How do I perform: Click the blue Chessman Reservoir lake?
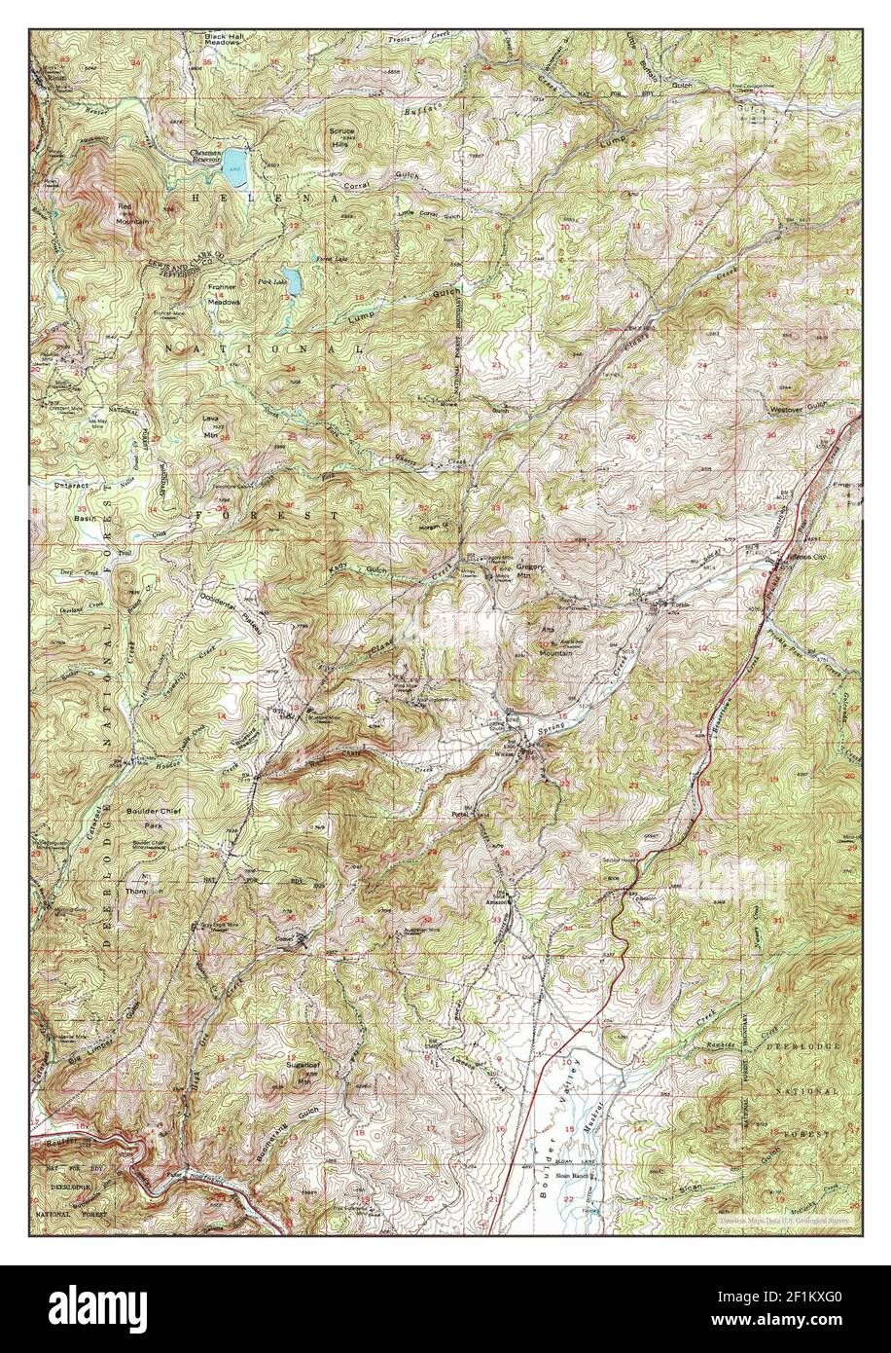point(234,168)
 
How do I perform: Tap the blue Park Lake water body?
point(291,281)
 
